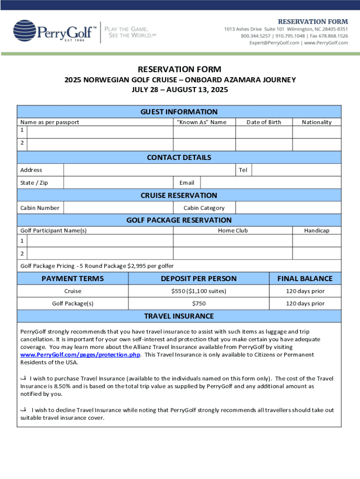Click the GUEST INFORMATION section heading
coord(179,112)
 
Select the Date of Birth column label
coord(264,122)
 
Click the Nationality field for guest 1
coord(317,132)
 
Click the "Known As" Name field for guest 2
coord(204,145)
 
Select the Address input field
coord(149,170)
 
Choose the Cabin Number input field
coord(118,208)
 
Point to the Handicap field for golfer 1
coord(317,240)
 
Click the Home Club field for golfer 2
coord(232,253)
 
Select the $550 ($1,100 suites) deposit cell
coord(199,291)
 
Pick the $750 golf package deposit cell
coord(199,304)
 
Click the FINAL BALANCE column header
coord(305,278)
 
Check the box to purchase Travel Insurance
coord(23,378)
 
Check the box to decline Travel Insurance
coord(23,410)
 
